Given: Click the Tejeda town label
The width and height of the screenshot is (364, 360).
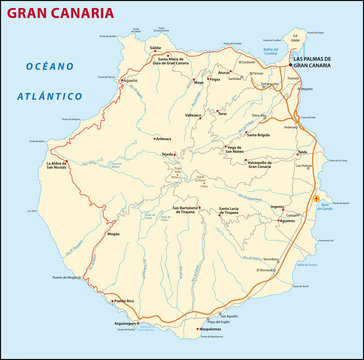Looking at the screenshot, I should click(170, 155).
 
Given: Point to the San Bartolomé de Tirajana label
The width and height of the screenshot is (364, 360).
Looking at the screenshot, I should click(188, 212).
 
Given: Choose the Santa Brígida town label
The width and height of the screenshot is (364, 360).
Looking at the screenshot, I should click(259, 133).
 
